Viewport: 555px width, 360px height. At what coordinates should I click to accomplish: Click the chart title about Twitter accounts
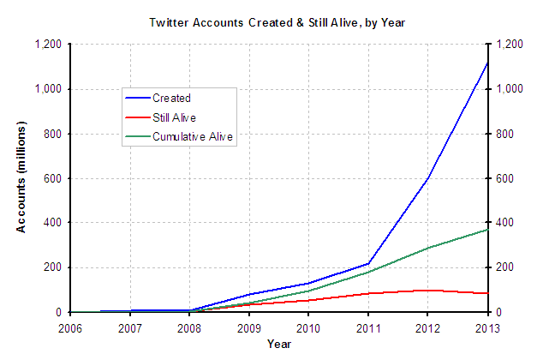point(279,22)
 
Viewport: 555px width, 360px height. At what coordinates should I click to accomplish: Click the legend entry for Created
point(170,99)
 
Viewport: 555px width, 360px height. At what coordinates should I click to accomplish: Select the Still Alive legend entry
point(174,117)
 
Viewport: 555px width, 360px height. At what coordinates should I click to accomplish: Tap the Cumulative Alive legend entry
point(192,135)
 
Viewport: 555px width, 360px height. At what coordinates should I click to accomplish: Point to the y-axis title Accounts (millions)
point(21,178)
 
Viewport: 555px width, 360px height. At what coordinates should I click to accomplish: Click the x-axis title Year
point(279,345)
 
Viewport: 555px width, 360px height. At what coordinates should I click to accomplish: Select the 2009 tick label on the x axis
point(248,327)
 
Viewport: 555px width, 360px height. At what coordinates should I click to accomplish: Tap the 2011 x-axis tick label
point(367,327)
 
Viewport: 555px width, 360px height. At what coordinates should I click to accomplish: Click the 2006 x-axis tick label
point(70,327)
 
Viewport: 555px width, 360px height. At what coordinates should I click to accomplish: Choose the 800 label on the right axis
point(501,134)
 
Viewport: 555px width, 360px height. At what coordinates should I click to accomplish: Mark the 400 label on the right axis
point(501,223)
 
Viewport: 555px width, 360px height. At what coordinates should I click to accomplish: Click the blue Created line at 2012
point(427,178)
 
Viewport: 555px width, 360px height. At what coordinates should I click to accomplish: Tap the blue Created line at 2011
point(367,263)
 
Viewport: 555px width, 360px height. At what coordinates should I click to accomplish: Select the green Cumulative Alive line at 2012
point(427,248)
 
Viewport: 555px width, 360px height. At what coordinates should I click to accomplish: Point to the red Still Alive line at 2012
point(427,291)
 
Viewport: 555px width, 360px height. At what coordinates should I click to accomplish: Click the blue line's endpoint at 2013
point(486,63)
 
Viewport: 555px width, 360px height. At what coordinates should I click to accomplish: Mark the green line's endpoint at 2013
point(486,230)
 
